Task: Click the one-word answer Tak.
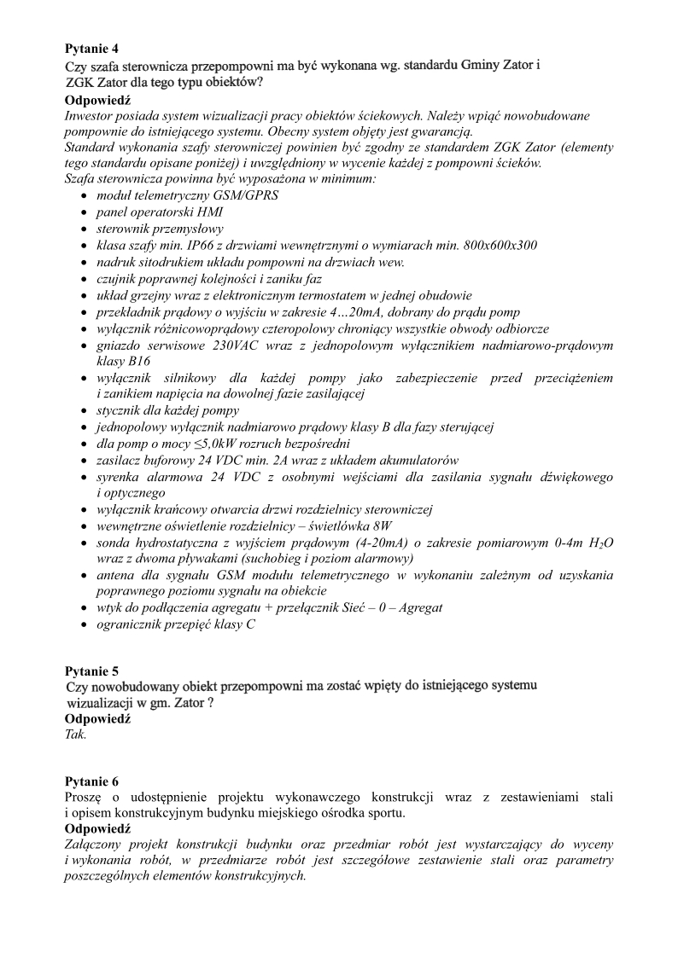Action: pos(75,734)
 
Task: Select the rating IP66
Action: pos(197,246)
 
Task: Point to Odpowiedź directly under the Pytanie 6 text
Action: pos(97,828)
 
